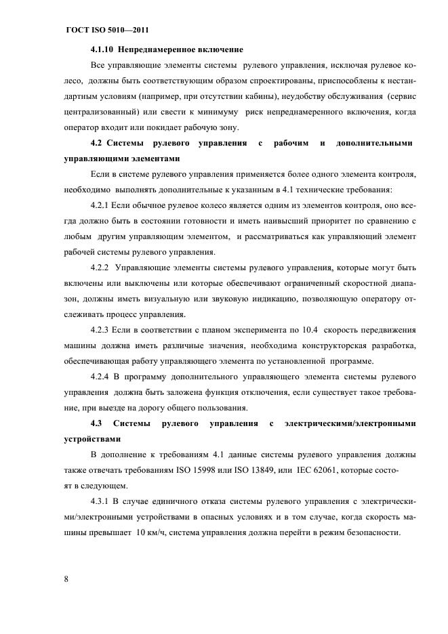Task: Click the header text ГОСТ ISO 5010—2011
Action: click(106, 31)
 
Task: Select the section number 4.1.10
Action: click(105, 50)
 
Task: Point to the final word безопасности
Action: click(369, 532)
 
